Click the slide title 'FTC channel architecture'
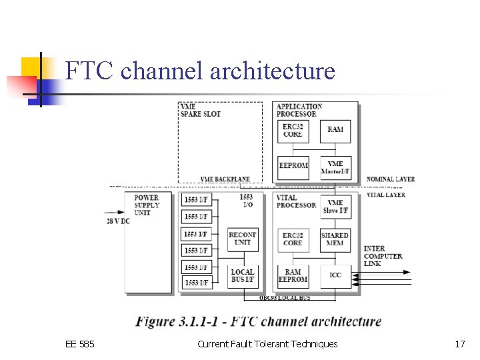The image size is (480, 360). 201,71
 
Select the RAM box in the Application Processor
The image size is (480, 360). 335,130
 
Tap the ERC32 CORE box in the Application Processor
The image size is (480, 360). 293,131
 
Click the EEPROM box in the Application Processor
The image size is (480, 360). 293,166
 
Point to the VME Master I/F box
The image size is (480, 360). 335,167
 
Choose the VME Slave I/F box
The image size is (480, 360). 335,207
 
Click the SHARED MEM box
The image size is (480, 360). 335,239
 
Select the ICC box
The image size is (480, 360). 335,275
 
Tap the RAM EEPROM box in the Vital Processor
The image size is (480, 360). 293,275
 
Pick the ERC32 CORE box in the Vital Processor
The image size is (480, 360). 293,239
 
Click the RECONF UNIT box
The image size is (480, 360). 242,239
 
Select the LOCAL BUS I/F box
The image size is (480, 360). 242,275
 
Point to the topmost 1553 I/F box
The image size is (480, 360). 196,200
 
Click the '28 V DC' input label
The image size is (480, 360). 118,221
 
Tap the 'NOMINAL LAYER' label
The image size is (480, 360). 391,179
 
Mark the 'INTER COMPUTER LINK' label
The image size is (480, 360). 383,256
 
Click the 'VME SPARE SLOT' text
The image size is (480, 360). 200,110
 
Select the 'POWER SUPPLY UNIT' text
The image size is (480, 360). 147,205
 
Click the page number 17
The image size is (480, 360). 459,344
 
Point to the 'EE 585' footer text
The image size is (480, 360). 80,344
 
